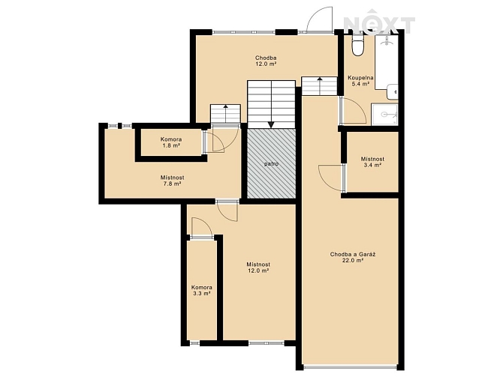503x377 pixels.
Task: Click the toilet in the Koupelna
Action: pos(357,45)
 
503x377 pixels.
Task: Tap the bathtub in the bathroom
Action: pos(387,61)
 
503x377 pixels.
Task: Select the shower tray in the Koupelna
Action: pos(384,115)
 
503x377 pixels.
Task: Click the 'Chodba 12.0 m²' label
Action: pos(266,61)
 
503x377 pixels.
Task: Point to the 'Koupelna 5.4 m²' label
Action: pos(361,81)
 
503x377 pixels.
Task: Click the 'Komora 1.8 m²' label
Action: pos(171,142)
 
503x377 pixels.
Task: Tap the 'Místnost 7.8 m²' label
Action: pos(172,181)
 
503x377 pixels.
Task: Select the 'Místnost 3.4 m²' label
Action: pos(372,162)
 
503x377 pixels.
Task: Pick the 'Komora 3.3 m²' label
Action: pos(202,290)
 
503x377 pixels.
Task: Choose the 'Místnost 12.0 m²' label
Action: pos(258,268)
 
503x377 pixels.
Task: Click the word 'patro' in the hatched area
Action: pos(271,164)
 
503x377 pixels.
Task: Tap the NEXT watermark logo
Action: pos(379,23)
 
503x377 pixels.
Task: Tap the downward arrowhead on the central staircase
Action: pos(271,124)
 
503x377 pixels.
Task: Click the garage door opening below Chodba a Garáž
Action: pos(351,366)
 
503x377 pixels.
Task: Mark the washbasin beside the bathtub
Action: pos(393,92)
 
